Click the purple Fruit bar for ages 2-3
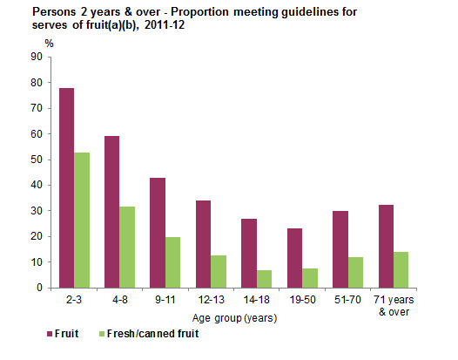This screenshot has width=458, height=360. (66, 187)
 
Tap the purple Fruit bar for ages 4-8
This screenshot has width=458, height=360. (111, 212)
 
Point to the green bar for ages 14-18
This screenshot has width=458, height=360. (265, 278)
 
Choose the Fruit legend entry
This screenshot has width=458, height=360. (28, 331)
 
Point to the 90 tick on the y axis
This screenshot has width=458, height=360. (36, 58)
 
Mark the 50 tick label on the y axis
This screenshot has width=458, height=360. (36, 160)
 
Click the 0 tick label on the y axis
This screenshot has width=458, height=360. (39, 288)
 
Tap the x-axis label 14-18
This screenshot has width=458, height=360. (256, 299)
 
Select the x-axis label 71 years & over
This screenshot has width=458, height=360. (392, 304)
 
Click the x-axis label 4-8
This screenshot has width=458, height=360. (120, 299)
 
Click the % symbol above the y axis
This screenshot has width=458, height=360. (49, 42)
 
